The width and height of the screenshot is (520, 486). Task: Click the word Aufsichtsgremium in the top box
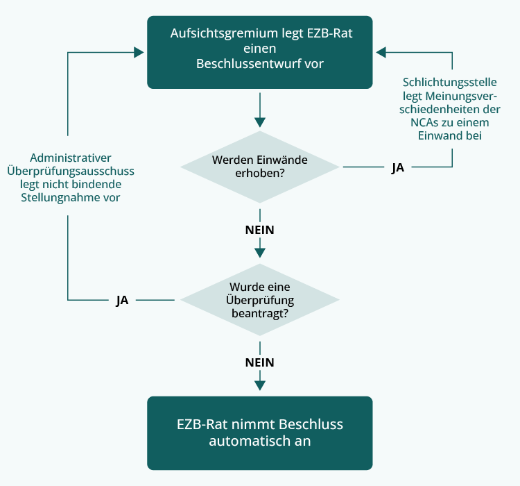pos(214,33)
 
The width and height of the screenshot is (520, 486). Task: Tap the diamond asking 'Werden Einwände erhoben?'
pos(260,167)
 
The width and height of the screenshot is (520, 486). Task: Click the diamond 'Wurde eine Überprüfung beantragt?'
pos(260,300)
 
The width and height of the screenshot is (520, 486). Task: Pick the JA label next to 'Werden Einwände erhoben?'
pos(397,167)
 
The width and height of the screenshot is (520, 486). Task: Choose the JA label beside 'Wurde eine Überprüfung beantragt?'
pos(122,301)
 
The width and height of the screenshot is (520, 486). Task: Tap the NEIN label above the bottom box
pos(260,362)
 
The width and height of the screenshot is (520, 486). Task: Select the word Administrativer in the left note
pos(71,158)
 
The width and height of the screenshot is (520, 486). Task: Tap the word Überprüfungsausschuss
pos(71,171)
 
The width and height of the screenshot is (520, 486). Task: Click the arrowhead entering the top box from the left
pos(140,51)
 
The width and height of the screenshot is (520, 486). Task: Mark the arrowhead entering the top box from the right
pos(381,51)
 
